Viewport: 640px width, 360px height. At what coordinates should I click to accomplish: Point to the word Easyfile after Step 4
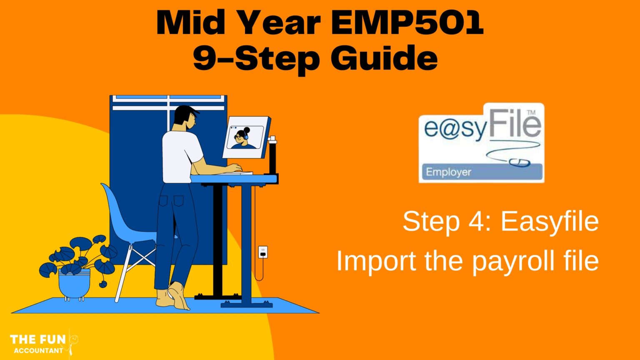(x=550, y=221)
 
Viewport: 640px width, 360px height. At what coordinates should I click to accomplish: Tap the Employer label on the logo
(x=448, y=172)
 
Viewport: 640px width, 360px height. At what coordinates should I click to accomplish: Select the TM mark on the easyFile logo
(x=531, y=112)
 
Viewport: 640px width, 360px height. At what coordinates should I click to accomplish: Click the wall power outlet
(x=262, y=252)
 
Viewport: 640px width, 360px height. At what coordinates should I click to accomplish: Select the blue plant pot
(x=74, y=283)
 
